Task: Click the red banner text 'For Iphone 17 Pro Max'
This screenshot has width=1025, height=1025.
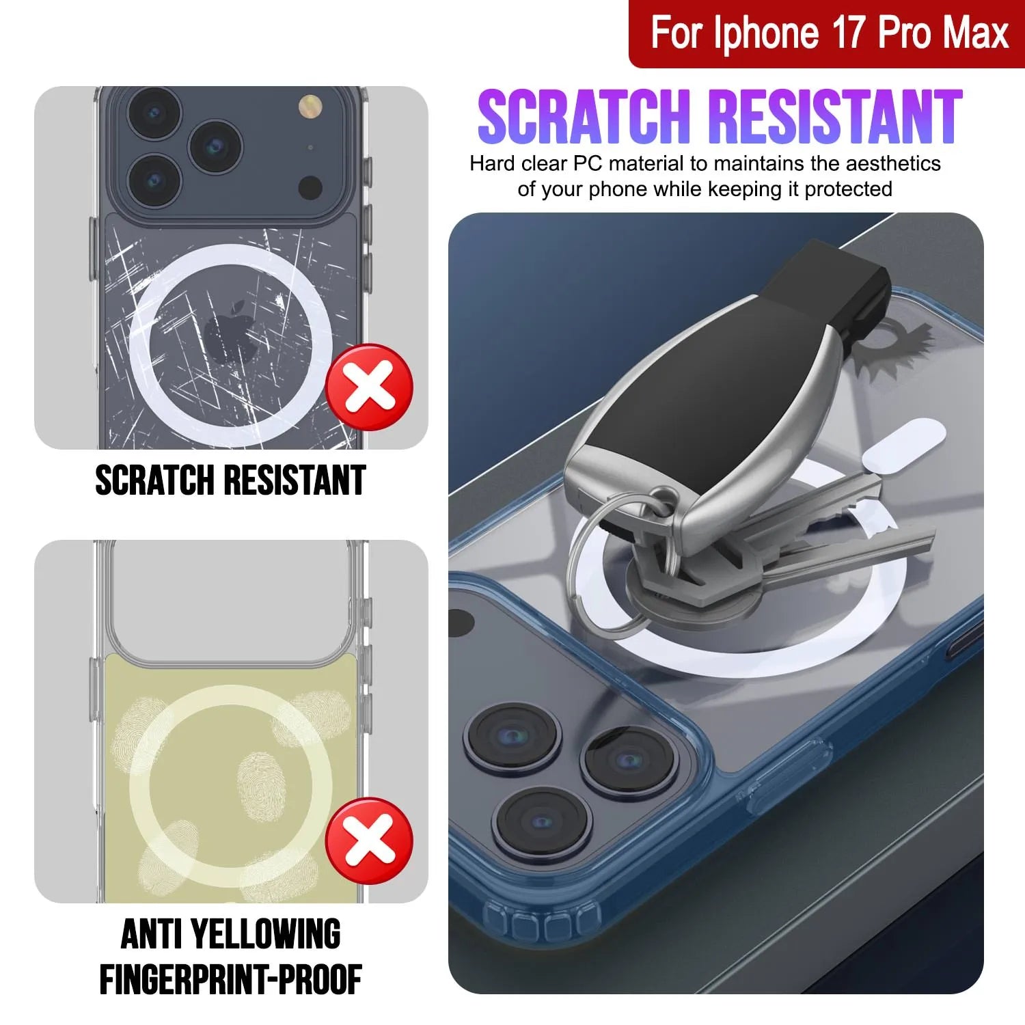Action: click(x=829, y=33)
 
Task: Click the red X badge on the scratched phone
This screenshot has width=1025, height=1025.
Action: click(x=369, y=387)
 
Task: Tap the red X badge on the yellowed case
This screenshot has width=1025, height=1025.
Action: click(x=369, y=841)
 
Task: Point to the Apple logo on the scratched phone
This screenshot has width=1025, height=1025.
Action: click(x=231, y=332)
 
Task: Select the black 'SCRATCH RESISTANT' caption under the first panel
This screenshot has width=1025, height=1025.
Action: click(x=230, y=480)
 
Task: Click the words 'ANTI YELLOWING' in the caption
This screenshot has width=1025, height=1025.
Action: click(x=230, y=934)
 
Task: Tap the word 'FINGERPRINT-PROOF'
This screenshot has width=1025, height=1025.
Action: click(x=230, y=980)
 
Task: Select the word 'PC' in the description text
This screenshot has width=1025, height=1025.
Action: click(x=587, y=164)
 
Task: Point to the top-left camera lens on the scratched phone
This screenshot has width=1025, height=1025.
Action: click(x=154, y=113)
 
